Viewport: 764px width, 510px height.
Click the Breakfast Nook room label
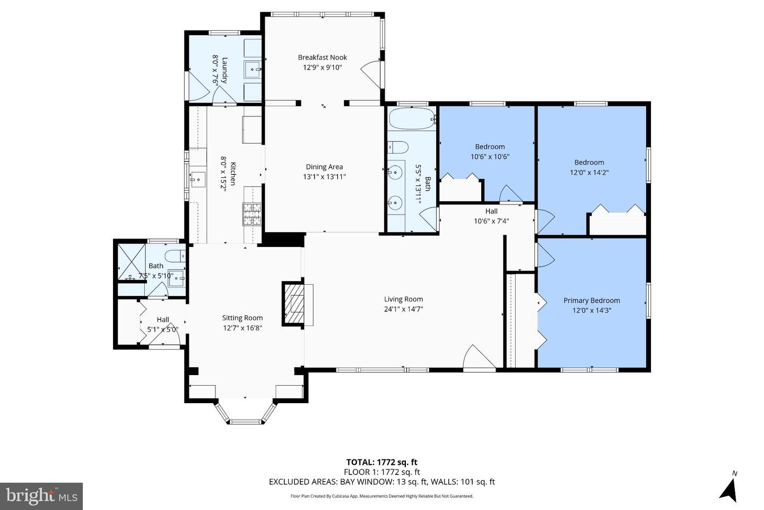tap(322, 57)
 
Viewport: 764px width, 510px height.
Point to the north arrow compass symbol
tap(730, 488)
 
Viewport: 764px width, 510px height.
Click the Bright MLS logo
tap(41, 496)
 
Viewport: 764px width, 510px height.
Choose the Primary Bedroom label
tap(592, 300)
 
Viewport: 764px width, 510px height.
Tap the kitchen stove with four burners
tap(252, 214)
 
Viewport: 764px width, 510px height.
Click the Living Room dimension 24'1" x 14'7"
tap(403, 309)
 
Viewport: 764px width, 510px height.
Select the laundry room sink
tap(253, 70)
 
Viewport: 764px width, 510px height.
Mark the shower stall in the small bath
tap(131, 261)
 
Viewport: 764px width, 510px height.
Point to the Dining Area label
tap(324, 167)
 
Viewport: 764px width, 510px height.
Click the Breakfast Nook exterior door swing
tap(371, 74)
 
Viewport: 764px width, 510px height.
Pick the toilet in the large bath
tap(397, 147)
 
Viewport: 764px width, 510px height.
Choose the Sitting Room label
tap(242, 318)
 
